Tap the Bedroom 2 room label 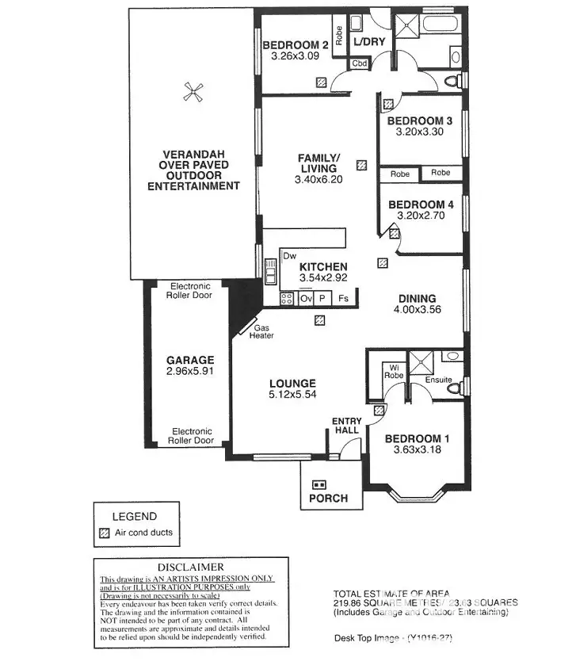pos(295,45)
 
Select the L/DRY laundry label pos(368,42)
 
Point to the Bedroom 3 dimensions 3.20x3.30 pos(419,132)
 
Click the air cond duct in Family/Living pos(361,166)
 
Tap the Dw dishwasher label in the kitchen pos(289,256)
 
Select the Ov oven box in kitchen pos(307,299)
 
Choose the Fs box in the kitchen pos(344,299)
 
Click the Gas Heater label pos(264,331)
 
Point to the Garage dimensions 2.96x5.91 pos(190,371)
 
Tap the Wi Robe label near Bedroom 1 pos(393,371)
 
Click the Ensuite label pos(438,380)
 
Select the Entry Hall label pos(345,425)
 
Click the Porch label pos(328,498)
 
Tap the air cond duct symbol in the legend pos(103,533)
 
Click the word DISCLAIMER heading pos(190,567)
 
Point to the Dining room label pos(417,299)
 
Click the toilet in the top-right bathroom pos(452,80)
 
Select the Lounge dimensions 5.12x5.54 pos(292,394)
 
